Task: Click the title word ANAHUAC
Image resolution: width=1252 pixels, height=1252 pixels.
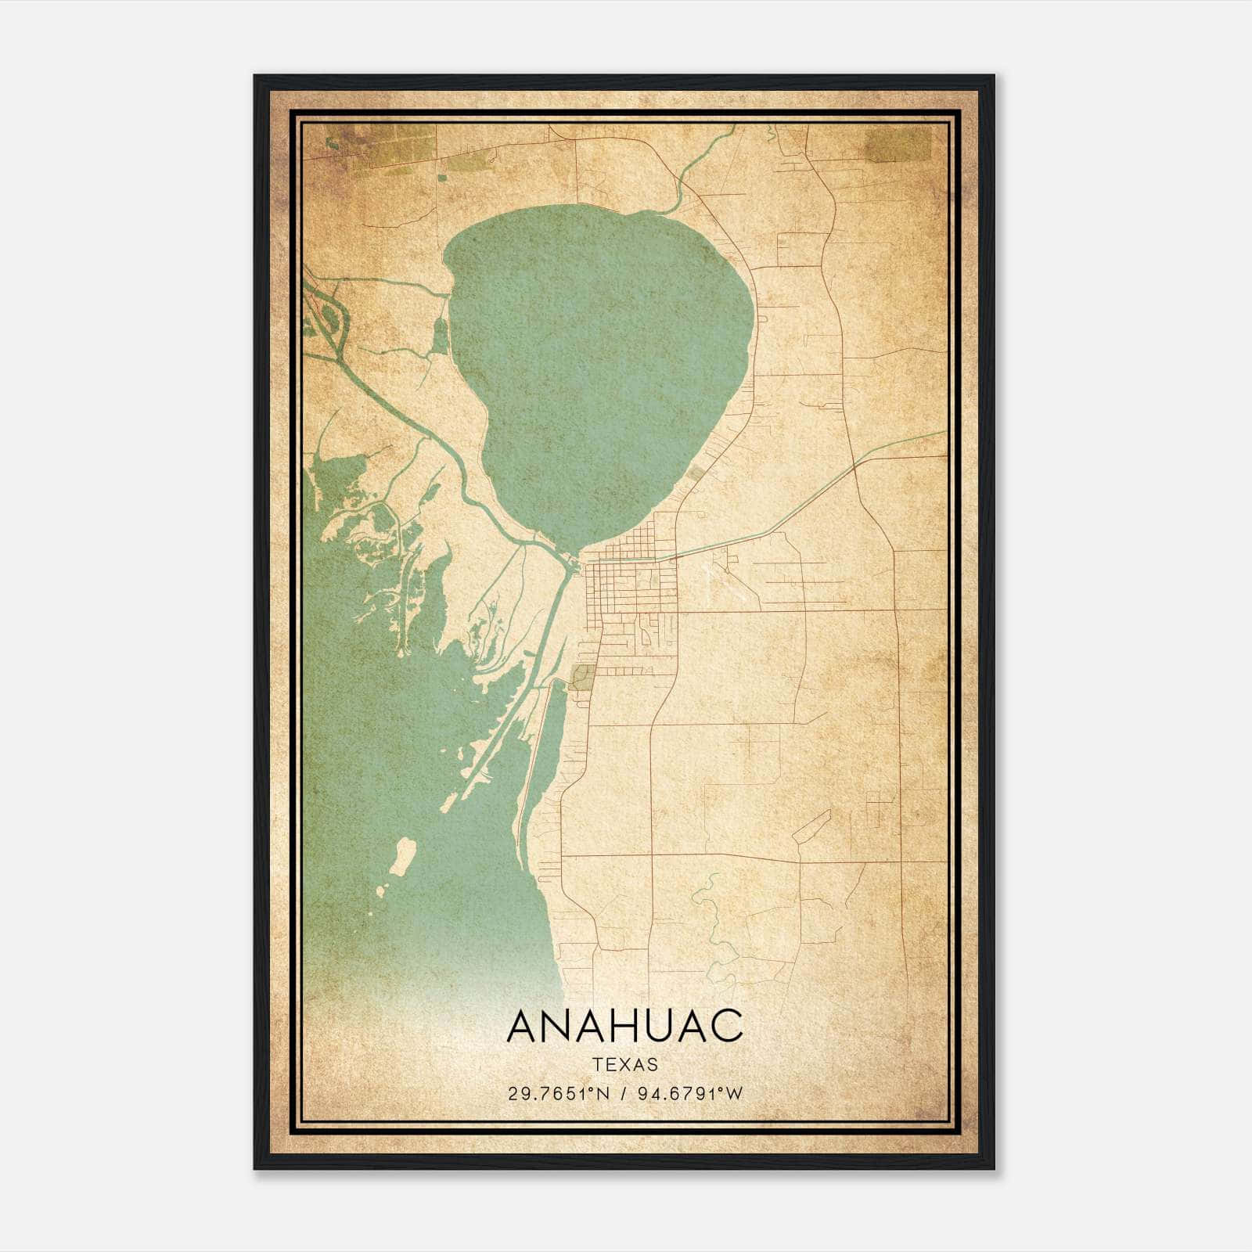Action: pos(624,1027)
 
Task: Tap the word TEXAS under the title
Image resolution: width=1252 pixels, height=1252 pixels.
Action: pos(625,1065)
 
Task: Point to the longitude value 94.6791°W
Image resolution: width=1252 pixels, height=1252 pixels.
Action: pos(690,1094)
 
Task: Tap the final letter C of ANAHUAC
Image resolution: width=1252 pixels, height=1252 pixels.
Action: pos(727,1027)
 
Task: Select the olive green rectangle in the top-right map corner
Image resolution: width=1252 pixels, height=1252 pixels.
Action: pos(898,145)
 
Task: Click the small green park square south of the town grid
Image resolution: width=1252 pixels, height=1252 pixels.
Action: pos(583,677)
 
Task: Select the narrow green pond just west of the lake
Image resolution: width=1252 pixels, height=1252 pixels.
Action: pos(441,336)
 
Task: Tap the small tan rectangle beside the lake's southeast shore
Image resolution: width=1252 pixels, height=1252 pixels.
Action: pos(694,474)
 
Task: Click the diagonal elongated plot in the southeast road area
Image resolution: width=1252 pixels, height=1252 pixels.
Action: pos(811,826)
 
